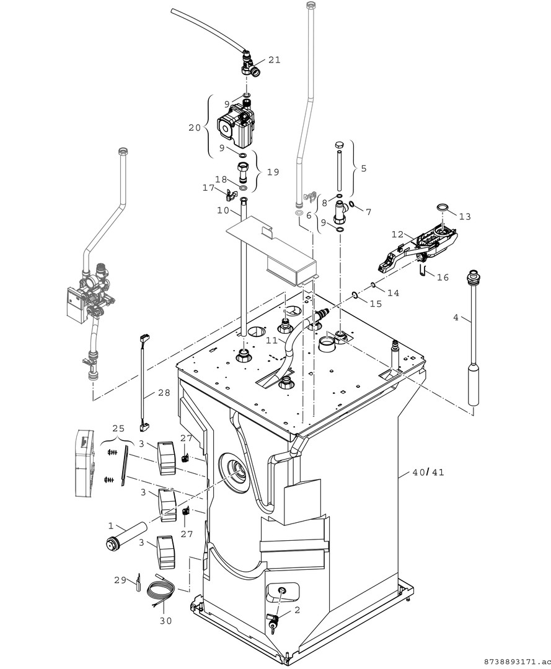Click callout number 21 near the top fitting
[274, 60]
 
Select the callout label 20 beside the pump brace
[195, 128]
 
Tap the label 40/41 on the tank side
[428, 472]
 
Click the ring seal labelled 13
[444, 207]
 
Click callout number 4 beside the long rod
[456, 317]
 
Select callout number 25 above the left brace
[118, 429]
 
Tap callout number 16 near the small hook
[443, 278]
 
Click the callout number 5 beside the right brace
[363, 168]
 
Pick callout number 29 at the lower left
[120, 580]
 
